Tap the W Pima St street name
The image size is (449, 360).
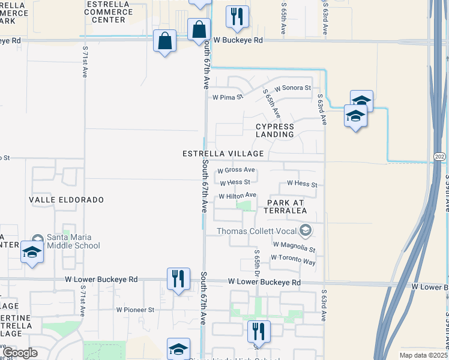228,97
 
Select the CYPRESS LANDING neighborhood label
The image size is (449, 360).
275,130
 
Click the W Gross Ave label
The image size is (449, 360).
236,170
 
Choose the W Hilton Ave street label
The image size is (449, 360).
237,196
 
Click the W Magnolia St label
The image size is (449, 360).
294,245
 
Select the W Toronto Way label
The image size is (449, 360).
293,257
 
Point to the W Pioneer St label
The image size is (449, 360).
135,310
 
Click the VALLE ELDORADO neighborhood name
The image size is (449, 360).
67,199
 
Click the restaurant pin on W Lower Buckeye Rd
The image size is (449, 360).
178,279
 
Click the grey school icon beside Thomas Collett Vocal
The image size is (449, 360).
306,230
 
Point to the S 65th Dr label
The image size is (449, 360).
257,260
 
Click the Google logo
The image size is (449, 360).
20,353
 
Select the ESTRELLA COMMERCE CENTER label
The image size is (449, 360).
106,12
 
